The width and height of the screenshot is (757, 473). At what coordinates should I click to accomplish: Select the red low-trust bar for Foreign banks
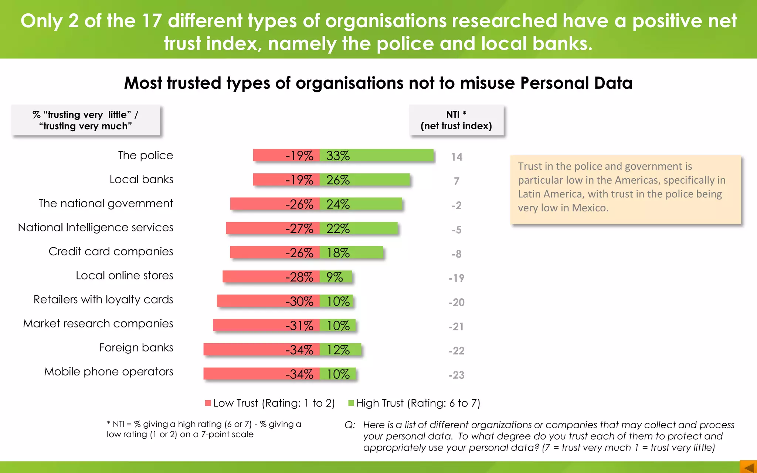point(244,349)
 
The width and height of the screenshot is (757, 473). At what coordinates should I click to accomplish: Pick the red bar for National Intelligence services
point(255,228)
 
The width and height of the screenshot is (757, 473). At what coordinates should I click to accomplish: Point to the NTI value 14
point(456,157)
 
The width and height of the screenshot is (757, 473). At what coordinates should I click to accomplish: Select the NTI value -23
point(456,375)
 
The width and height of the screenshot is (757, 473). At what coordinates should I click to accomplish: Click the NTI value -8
point(456,254)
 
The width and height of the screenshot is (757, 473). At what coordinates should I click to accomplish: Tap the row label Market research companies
point(98,323)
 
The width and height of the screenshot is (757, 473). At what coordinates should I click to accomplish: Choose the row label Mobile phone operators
point(109,371)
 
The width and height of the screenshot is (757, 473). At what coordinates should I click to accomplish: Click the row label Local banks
point(141,179)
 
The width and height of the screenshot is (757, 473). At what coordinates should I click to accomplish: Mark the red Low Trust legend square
point(208,403)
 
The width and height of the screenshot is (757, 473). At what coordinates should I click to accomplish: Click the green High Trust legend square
point(351,403)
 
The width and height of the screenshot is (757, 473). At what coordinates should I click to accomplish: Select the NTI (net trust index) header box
point(456,120)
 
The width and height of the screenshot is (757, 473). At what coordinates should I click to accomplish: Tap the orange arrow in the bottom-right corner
point(748,467)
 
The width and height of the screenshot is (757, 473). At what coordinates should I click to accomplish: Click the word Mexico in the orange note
point(589,208)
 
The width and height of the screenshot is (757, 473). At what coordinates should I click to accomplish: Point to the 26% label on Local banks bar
point(338,180)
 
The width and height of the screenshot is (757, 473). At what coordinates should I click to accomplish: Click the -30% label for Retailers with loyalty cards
point(299,302)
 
